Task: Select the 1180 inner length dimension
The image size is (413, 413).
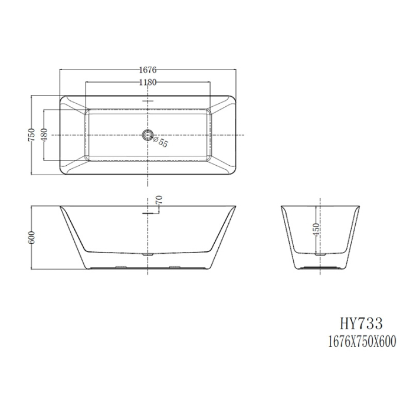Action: tap(147, 83)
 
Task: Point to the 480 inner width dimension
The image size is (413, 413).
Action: tap(44, 135)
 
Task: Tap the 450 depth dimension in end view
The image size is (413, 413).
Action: tap(317, 230)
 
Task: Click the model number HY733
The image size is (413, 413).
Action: tap(362, 323)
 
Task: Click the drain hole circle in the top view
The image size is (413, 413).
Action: tap(147, 135)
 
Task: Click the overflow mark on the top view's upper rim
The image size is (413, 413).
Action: tap(147, 101)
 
